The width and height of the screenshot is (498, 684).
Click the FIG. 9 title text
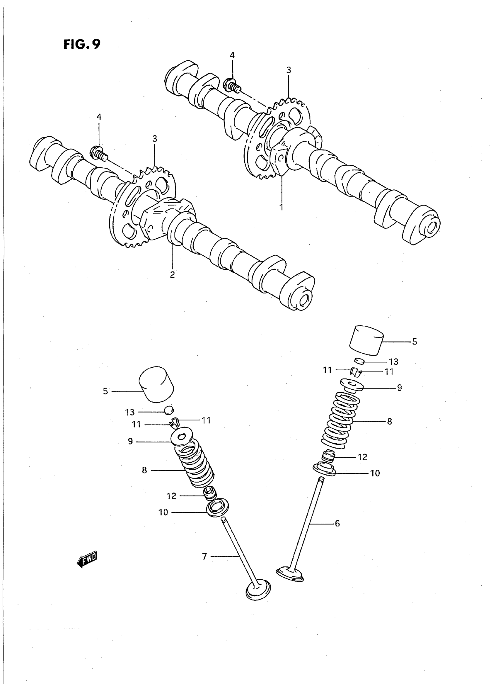pos(82,44)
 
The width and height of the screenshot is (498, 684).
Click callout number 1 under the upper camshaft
pos(281,208)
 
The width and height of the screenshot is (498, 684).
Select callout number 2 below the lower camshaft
pos(173,275)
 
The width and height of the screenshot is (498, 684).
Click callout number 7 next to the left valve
pos(204,556)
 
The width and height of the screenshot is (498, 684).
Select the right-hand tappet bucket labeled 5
pos(366,340)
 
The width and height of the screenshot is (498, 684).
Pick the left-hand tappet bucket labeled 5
pos(156,384)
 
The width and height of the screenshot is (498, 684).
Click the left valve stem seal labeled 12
pos(210,493)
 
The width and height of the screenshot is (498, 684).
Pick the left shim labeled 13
pos(169,410)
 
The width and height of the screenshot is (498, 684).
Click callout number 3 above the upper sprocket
pos(289,70)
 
